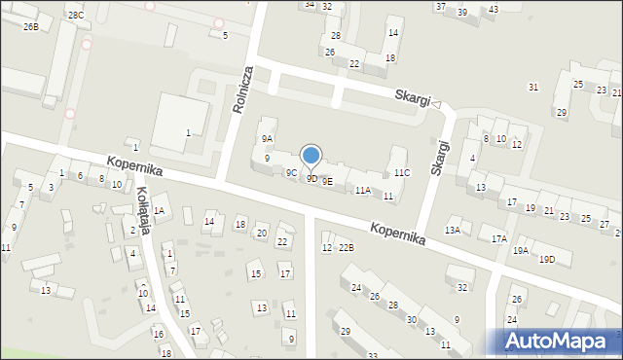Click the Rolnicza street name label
pyautogui.click(x=243, y=90)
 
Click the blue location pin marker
pyautogui.click(x=311, y=156)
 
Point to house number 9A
pyautogui.click(x=267, y=139)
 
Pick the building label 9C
pyautogui.click(x=291, y=173)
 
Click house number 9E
pyautogui.click(x=327, y=181)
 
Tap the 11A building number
pyautogui.click(x=362, y=190)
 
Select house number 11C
pyautogui.click(x=402, y=173)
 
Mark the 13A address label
pyautogui.click(x=453, y=230)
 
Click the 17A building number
pyautogui.click(x=499, y=238)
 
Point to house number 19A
pyautogui.click(x=522, y=251)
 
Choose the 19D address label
pyautogui.click(x=547, y=259)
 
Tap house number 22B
pyautogui.click(x=347, y=248)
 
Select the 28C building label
pyautogui.click(x=76, y=16)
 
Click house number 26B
pyautogui.click(x=31, y=27)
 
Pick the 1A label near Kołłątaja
pyautogui.click(x=159, y=210)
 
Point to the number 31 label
pyautogui.click(x=532, y=88)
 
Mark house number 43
pyautogui.click(x=493, y=10)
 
